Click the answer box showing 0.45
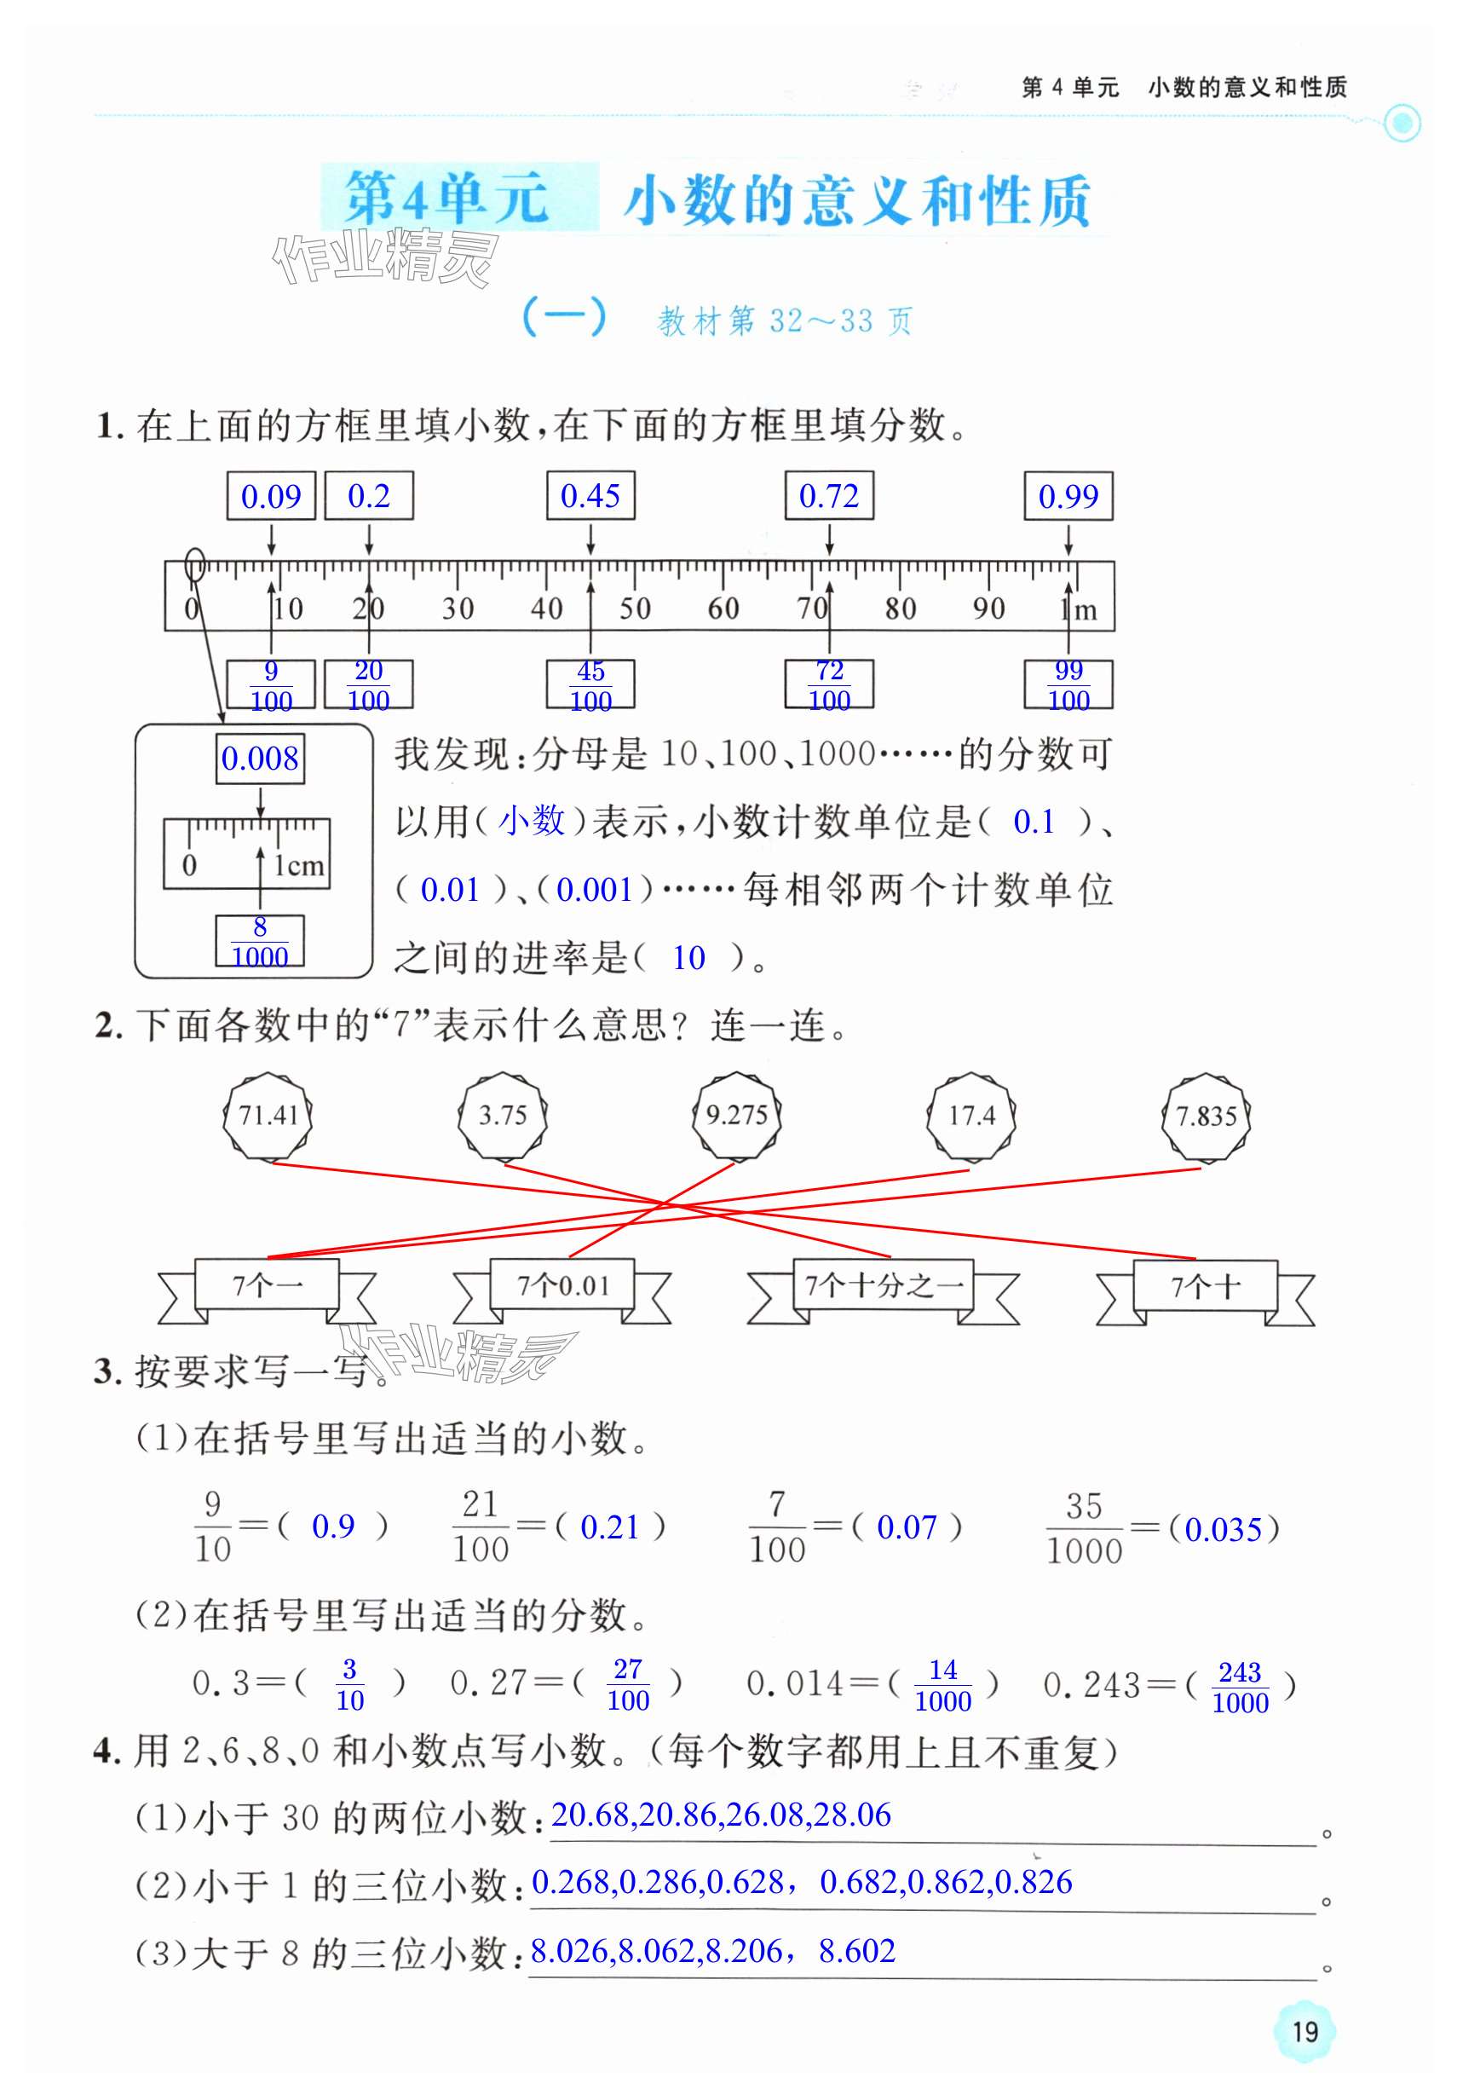tap(590, 495)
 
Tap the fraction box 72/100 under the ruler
tap(828, 684)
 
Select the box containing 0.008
tap(260, 759)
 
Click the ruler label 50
tap(634, 609)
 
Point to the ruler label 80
tap(900, 609)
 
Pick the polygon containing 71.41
tap(268, 1115)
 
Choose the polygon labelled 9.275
tap(736, 1115)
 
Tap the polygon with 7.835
tap(1205, 1116)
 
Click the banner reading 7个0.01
tap(562, 1285)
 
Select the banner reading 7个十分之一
tap(883, 1285)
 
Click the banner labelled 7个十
tap(1204, 1286)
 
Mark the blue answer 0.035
tap(1223, 1529)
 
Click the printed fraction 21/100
tap(480, 1527)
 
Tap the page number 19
tap(1304, 2031)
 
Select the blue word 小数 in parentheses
tap(532, 822)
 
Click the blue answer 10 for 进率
tap(688, 958)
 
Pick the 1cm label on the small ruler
tap(299, 865)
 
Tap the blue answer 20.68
tap(590, 1815)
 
